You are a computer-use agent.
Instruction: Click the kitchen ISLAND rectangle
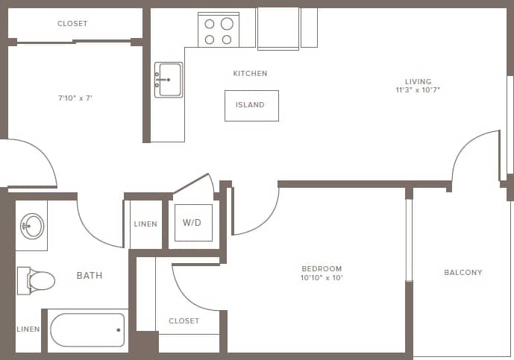point(251,106)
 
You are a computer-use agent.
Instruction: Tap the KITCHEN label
point(250,74)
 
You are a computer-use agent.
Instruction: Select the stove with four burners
point(219,31)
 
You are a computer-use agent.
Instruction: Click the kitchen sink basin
point(169,79)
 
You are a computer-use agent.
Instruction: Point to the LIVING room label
point(419,82)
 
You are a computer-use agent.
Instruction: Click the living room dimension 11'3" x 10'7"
point(419,91)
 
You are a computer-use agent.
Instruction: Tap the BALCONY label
point(463,273)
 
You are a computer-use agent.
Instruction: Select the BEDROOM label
point(322,269)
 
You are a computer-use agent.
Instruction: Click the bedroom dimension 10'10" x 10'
point(322,278)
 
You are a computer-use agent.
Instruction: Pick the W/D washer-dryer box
point(193,222)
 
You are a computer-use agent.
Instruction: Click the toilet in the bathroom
point(37,280)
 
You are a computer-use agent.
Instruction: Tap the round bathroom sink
point(32,225)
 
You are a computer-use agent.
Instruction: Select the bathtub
point(87,330)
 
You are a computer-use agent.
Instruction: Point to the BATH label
point(90,276)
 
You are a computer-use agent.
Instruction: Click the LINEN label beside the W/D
point(145,224)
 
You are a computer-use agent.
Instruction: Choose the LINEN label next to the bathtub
point(28,329)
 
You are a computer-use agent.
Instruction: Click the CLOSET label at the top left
point(72,24)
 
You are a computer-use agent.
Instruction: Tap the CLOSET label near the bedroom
point(184,321)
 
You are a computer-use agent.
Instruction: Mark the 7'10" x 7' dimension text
point(75,98)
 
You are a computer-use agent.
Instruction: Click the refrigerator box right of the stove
point(278,28)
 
